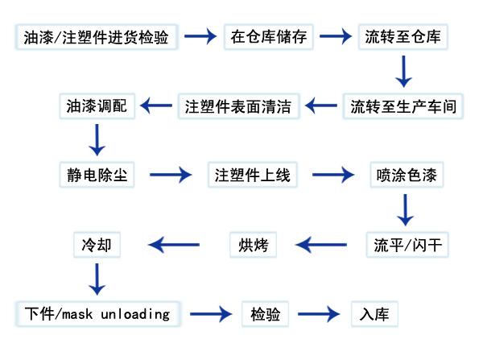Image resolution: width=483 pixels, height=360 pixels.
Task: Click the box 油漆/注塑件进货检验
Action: [x=97, y=37]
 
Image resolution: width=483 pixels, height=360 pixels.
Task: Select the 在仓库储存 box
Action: [x=268, y=37]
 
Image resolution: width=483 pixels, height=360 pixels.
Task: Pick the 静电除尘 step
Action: [x=97, y=174]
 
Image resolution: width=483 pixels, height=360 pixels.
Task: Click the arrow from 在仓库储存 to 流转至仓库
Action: [x=334, y=36]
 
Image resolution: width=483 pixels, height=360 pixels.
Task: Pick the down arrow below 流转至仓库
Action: [x=405, y=72]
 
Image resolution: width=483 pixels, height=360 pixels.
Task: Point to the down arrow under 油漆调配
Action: [x=97, y=140]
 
